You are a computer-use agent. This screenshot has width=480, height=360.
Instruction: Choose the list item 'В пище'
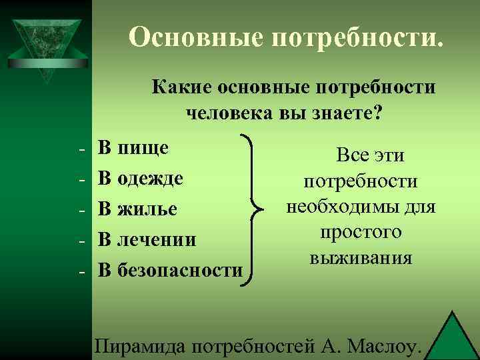[x=133, y=148]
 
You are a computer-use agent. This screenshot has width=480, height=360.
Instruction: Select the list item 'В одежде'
[x=140, y=178]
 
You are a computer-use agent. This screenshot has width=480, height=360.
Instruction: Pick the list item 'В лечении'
[x=147, y=239]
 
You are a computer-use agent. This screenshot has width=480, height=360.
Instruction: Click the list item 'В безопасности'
[x=170, y=269]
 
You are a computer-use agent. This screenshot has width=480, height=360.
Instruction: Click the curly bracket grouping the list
[x=253, y=209]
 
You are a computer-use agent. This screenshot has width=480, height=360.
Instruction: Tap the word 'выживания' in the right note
[x=361, y=257]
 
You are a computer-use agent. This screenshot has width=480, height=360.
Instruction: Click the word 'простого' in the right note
[x=361, y=232]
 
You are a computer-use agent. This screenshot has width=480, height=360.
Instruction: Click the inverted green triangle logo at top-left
[x=44, y=47]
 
